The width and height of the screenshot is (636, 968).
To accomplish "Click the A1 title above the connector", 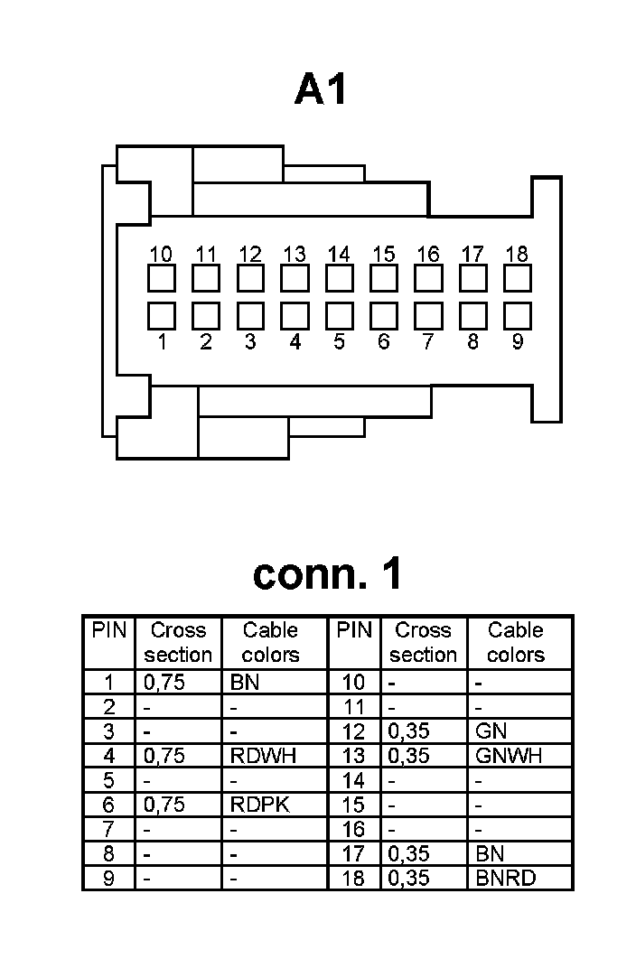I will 320,90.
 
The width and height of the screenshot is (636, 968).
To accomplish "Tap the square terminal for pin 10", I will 162,278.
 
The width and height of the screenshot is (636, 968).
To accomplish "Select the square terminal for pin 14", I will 339,278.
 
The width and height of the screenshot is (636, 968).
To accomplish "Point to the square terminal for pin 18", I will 517,278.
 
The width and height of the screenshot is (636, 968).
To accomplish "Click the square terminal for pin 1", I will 162,316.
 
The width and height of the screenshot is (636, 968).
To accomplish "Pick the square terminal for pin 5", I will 339,316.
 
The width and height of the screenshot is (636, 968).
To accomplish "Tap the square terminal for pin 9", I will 517,316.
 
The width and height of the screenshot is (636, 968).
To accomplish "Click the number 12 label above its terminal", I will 250,255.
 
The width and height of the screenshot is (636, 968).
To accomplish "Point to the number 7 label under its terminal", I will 428,342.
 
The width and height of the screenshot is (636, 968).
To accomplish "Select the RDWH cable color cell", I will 263,756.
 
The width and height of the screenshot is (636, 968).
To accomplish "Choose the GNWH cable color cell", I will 509,756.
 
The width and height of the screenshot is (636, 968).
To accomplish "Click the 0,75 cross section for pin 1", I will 164,683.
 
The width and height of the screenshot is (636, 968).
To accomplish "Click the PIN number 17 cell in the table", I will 354,853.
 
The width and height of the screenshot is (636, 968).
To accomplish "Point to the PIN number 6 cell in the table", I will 108,805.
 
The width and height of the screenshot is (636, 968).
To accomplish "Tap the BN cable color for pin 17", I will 490,853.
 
